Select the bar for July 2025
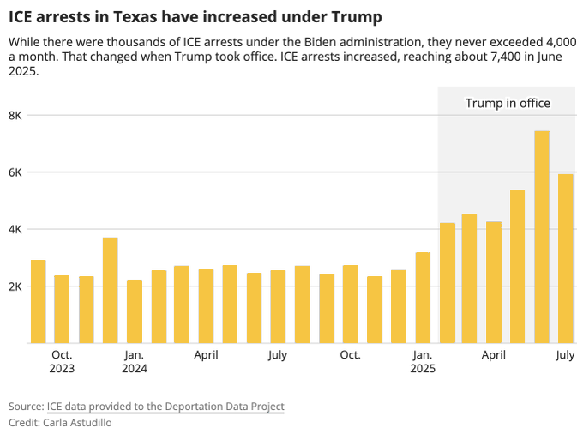565,258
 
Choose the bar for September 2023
38,301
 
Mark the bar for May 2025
517,267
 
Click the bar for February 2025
447,283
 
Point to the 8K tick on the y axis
15,115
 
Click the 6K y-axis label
15,172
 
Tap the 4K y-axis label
15,229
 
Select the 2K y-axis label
15,286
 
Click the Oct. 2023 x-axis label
62,361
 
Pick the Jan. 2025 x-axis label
423,361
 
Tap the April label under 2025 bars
493,354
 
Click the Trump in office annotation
508,104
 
